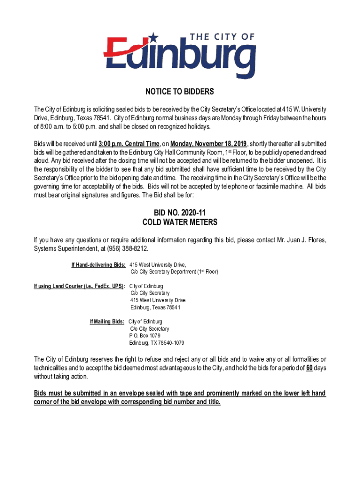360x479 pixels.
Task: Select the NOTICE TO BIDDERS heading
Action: coord(180,91)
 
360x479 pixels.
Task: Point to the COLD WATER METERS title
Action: coord(180,222)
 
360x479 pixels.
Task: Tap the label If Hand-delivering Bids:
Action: coord(98,265)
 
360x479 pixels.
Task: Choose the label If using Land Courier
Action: coord(79,286)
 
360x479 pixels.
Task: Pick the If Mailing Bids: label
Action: coord(107,322)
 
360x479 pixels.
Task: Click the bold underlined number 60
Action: coord(309,368)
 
